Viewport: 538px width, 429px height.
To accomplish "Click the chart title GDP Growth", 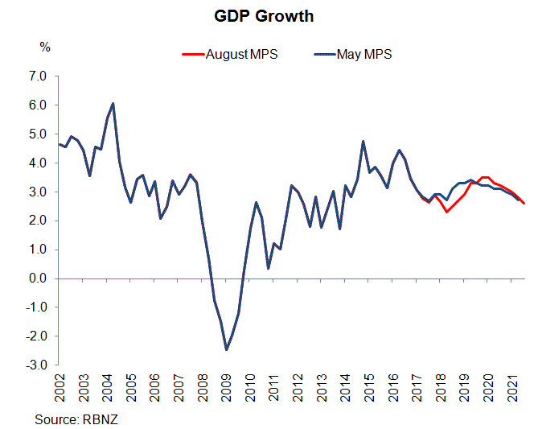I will coord(269,16).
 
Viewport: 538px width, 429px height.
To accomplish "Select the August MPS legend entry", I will coord(241,55).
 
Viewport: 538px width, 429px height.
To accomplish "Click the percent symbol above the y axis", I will coord(45,47).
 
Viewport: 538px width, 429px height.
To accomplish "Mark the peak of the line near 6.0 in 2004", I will coord(113,103).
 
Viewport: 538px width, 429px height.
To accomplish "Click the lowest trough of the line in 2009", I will coord(226,349).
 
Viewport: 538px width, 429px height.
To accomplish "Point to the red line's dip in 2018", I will coord(446,212).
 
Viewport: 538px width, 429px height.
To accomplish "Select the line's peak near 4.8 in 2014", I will coord(363,142).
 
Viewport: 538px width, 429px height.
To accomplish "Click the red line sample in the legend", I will coord(193,55).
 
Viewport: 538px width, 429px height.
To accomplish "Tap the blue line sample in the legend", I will coord(321,55).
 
